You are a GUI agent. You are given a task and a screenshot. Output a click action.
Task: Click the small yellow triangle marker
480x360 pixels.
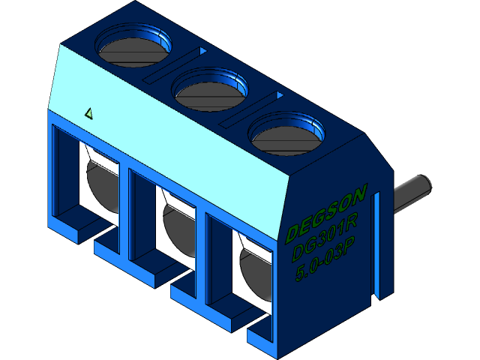(89, 114)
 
